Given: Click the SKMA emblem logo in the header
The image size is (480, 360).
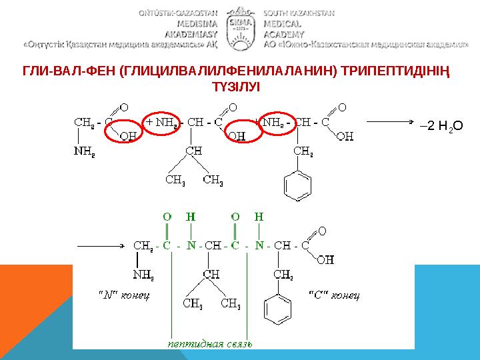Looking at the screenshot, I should point(240,25).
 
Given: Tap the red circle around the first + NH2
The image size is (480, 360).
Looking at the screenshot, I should point(163,123).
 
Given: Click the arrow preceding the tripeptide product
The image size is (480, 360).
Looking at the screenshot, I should point(100,245).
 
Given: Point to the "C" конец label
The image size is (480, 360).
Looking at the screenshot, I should point(334,294).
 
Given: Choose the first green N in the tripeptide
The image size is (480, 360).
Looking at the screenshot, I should point(191,245).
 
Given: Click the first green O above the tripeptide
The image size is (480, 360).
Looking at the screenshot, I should point(167,217).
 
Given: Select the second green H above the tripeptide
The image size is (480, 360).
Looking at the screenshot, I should point(259,217).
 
